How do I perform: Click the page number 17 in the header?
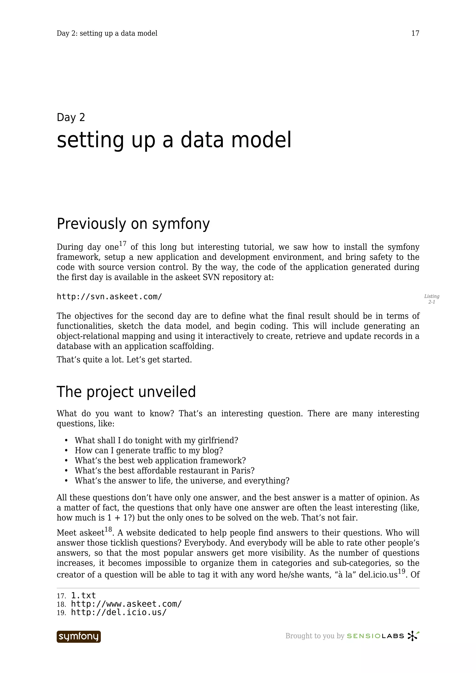tap(415, 33)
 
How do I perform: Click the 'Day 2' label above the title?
tap(71, 117)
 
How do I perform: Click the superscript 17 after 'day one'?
tap(122, 244)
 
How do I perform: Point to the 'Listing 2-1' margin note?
tap(431, 299)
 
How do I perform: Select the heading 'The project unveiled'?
tap(126, 392)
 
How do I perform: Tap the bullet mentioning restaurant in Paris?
tap(164, 470)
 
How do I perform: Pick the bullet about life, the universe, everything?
tap(182, 481)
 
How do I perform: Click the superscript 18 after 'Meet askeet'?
tap(108, 529)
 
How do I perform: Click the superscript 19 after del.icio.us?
tap(401, 571)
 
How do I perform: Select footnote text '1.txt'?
tap(84, 595)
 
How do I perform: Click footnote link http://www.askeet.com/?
tap(126, 604)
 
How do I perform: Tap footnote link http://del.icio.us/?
tap(119, 612)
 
